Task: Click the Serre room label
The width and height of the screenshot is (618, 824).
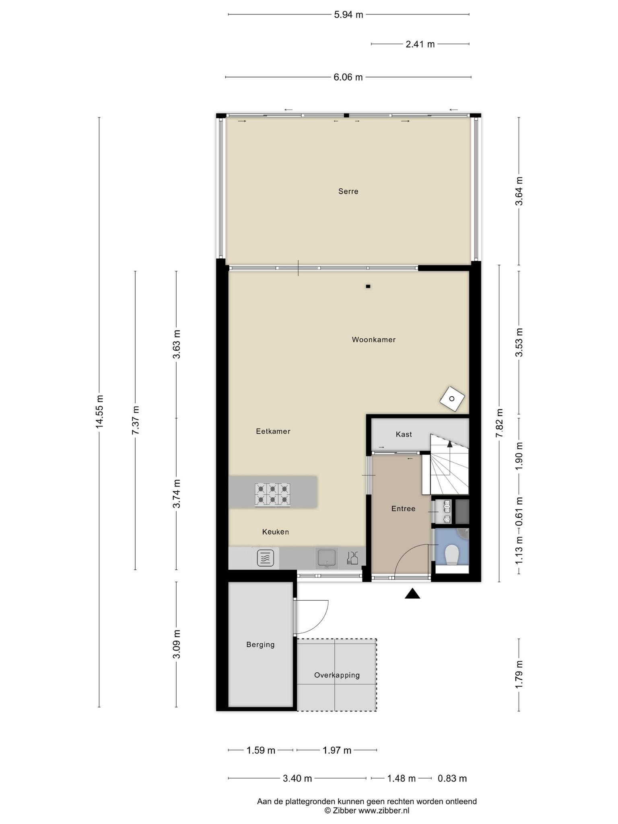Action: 348,192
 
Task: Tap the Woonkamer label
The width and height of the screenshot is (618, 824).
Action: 374,340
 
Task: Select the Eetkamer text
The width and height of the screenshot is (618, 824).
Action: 273,431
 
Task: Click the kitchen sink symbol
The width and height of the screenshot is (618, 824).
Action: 327,558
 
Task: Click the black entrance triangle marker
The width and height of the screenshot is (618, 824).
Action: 412,593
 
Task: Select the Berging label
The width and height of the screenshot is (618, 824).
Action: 260,645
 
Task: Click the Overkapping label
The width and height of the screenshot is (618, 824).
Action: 337,675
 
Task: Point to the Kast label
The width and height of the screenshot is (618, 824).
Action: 404,434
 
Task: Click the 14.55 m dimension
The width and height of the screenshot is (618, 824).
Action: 99,412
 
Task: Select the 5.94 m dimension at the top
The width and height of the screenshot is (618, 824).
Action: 348,15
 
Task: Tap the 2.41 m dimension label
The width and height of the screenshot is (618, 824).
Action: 420,44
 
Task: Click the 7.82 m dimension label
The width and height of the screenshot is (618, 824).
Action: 499,423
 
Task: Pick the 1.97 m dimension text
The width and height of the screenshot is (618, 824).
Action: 337,750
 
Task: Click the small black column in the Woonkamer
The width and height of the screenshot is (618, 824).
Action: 368,286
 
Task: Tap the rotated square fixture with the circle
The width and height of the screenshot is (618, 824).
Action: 452,399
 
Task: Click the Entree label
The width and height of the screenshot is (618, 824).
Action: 403,509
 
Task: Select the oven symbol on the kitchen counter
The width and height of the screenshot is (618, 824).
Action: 265,558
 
